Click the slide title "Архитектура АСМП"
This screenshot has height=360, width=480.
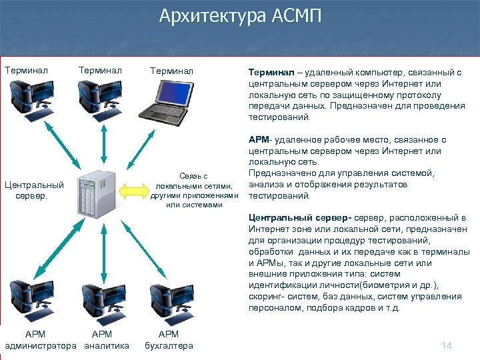[240, 16]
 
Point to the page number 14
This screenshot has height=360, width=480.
[446, 345]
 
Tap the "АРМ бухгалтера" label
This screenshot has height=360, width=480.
[169, 339]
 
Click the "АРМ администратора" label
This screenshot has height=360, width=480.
[39, 339]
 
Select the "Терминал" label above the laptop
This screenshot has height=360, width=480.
[171, 69]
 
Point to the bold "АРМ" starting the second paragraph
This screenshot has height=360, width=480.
[258, 140]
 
